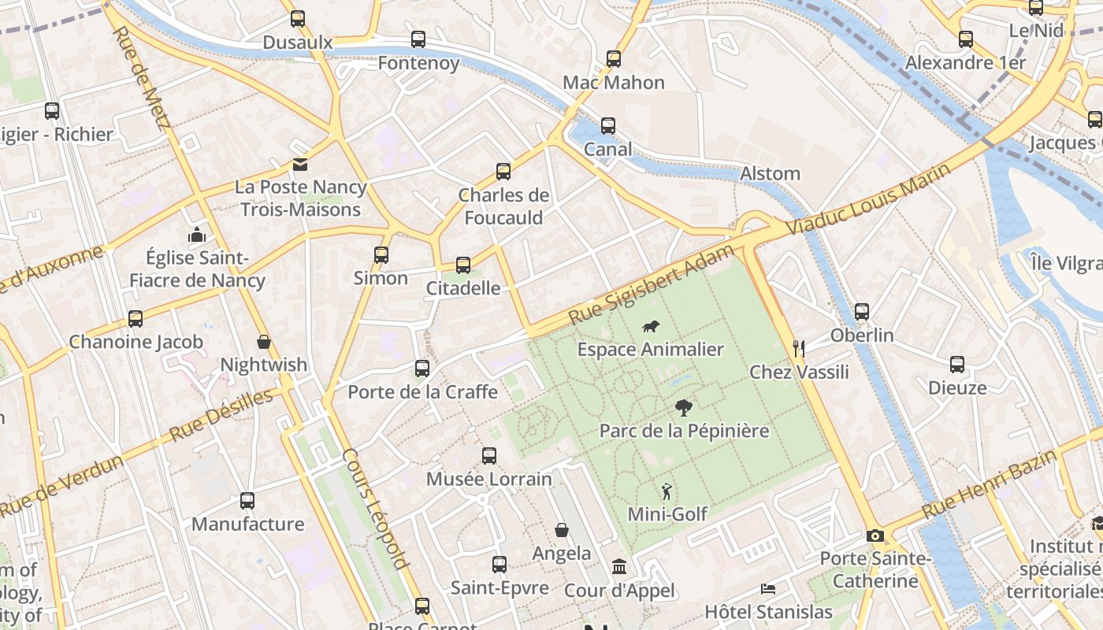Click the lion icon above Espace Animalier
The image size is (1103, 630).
click(x=650, y=327)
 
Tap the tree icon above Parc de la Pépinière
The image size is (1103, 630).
click(x=684, y=408)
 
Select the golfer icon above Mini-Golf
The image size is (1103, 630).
click(x=667, y=491)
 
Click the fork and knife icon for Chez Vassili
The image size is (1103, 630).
click(x=799, y=347)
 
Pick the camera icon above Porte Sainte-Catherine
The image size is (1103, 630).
click(x=875, y=536)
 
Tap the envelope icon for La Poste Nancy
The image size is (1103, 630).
click(x=300, y=165)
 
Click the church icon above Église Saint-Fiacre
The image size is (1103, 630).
click(x=197, y=235)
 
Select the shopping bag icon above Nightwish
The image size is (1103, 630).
click(x=264, y=342)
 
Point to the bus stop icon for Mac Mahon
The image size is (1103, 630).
click(x=614, y=59)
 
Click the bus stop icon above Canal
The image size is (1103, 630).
click(x=607, y=126)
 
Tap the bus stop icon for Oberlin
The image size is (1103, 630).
click(x=862, y=312)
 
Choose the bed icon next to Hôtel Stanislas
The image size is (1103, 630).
click(x=767, y=589)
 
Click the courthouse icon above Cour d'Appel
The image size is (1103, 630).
click(x=619, y=567)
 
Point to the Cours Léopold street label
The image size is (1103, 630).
click(x=376, y=509)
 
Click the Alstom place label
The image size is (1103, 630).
click(x=770, y=173)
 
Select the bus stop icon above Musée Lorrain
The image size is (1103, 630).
click(x=489, y=455)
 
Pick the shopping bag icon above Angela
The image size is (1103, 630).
click(x=562, y=530)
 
